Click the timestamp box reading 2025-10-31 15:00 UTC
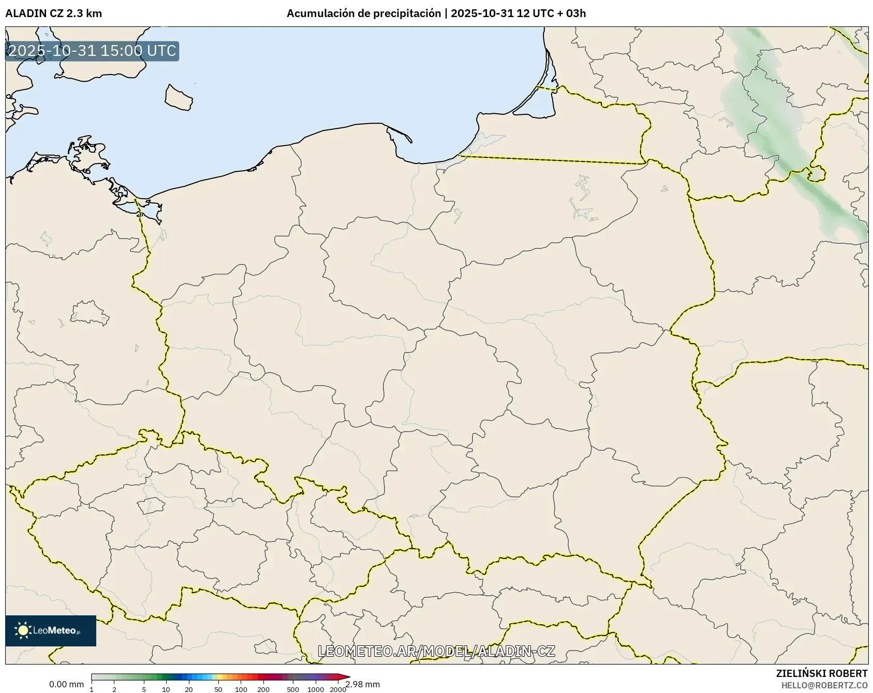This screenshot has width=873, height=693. pyautogui.click(x=92, y=51)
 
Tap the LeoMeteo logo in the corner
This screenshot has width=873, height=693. pyautogui.click(x=51, y=630)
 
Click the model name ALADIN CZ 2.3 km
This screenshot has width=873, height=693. pyautogui.click(x=53, y=13)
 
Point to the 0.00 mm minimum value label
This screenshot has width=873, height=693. pyautogui.click(x=66, y=684)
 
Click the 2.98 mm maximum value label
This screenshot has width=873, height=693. pyautogui.click(x=363, y=684)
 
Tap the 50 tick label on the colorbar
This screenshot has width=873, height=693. pyautogui.click(x=218, y=689)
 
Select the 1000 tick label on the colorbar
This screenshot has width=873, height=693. pyautogui.click(x=316, y=689)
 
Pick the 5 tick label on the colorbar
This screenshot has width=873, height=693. pyautogui.click(x=144, y=689)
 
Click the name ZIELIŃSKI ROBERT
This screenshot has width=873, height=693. pyautogui.click(x=822, y=673)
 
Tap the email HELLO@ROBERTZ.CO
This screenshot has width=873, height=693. pyautogui.click(x=824, y=685)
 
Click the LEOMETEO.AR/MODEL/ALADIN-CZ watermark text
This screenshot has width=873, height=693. pyautogui.click(x=436, y=651)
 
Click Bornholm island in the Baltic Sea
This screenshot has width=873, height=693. pyautogui.click(x=179, y=97)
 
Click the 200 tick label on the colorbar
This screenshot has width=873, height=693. pyautogui.click(x=263, y=689)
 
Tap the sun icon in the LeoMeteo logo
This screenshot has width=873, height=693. pyautogui.click(x=23, y=630)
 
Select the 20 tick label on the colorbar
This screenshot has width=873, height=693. pyautogui.click(x=189, y=689)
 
